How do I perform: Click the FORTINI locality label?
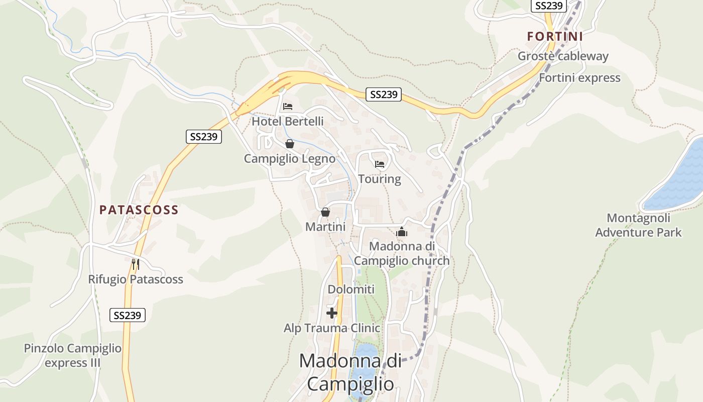click(x=555, y=37)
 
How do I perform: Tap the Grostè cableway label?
click(x=563, y=56)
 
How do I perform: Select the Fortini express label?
click(x=579, y=78)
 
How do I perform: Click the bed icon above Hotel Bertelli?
click(x=288, y=107)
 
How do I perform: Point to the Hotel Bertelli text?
click(x=287, y=122)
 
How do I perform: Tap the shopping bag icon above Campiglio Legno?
click(x=290, y=144)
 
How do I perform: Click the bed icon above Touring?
click(x=380, y=164)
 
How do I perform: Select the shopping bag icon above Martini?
click(x=325, y=212)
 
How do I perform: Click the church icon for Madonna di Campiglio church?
click(x=402, y=232)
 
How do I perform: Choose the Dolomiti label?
click(x=351, y=289)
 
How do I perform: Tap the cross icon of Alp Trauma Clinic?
click(x=332, y=313)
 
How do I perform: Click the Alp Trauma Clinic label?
click(x=332, y=328)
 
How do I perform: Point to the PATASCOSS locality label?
click(x=139, y=210)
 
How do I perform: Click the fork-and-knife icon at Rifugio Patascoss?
click(x=135, y=264)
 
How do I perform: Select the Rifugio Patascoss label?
click(x=136, y=279)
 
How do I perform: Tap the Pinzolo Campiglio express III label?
click(x=73, y=355)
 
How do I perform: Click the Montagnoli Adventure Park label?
click(x=638, y=225)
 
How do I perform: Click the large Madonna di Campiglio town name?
click(x=350, y=372)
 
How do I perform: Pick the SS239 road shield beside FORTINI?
click(x=549, y=6)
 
